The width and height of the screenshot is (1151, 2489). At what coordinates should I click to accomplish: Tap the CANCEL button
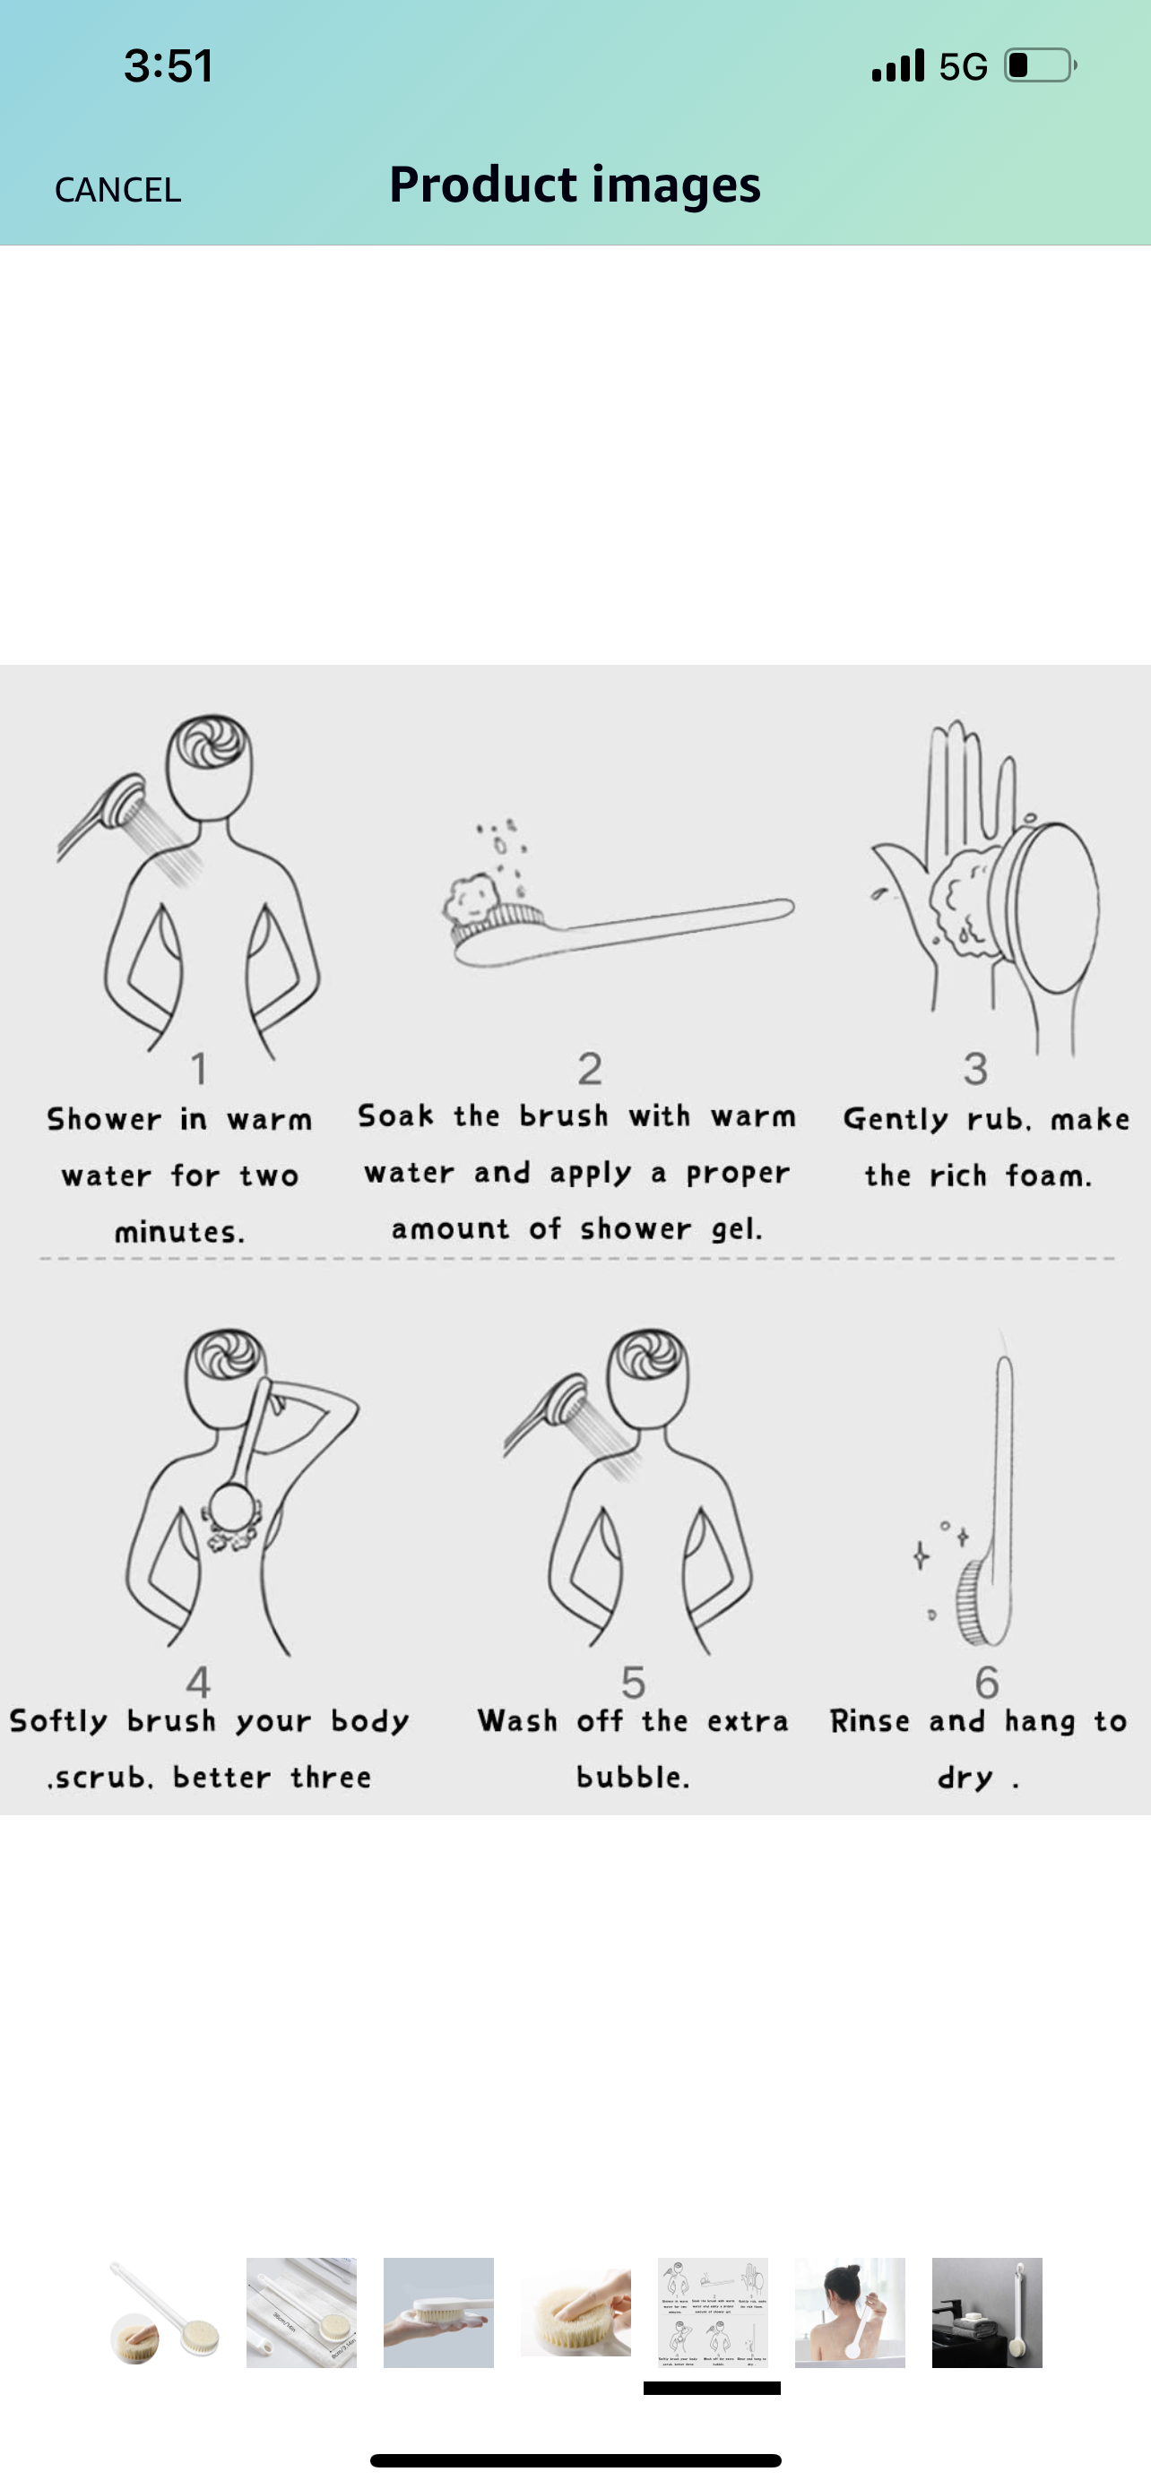(x=118, y=189)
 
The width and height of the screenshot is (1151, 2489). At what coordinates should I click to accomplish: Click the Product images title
(x=575, y=184)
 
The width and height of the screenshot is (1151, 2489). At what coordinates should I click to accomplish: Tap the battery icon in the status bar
(x=1041, y=65)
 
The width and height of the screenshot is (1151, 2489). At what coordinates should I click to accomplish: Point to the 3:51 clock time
(x=169, y=65)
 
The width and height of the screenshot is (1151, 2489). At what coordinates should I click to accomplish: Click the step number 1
(x=199, y=1069)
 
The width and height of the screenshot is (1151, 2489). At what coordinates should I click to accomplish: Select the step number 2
(x=590, y=1069)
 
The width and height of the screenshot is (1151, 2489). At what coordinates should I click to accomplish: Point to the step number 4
(x=198, y=1683)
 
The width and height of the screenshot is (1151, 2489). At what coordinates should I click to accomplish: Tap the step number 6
(x=987, y=1683)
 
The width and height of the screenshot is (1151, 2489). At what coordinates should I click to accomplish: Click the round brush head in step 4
(x=232, y=1507)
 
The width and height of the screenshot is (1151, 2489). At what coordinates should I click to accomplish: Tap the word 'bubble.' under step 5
(x=633, y=1777)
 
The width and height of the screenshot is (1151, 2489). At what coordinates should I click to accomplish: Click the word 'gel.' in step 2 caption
(x=738, y=1230)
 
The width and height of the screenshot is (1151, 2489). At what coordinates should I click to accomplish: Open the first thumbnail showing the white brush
(x=164, y=2312)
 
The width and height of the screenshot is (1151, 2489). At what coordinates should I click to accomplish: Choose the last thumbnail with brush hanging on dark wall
(x=987, y=2312)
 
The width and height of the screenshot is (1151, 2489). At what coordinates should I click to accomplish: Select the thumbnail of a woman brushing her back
(x=850, y=2312)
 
